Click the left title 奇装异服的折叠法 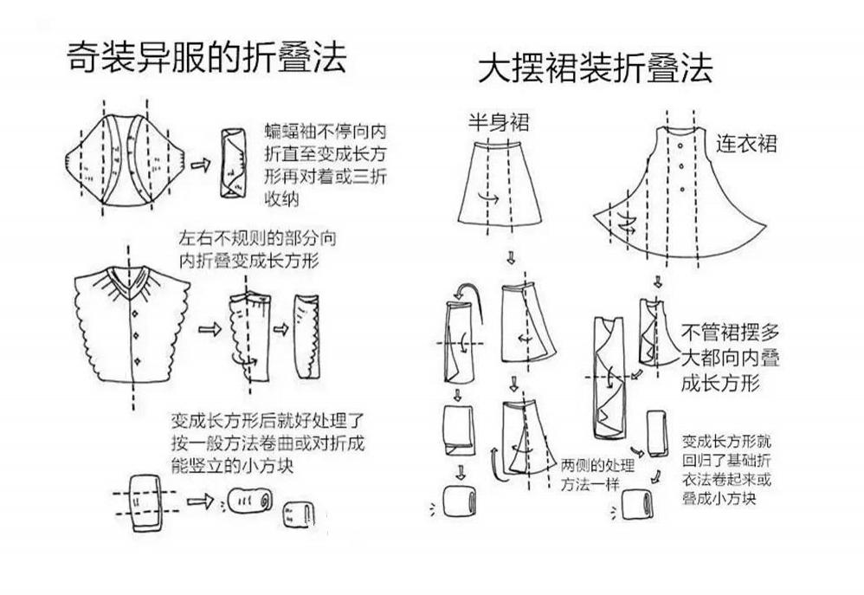pyautogui.click(x=207, y=56)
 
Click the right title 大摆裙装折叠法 pyautogui.click(x=595, y=68)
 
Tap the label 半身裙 pyautogui.click(x=499, y=122)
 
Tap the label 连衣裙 pyautogui.click(x=746, y=144)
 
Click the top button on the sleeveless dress pyautogui.click(x=681, y=146)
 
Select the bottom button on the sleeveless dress pyautogui.click(x=683, y=189)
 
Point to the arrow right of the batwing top pyautogui.click(x=201, y=165)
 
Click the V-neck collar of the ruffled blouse pyautogui.click(x=128, y=280)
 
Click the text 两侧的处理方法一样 pyautogui.click(x=597, y=475)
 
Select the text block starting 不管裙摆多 pyautogui.click(x=730, y=358)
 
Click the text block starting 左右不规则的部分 pyautogui.click(x=257, y=249)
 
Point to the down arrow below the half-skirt pyautogui.click(x=511, y=257)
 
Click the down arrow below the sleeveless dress pyautogui.click(x=657, y=281)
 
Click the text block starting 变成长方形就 pyautogui.click(x=726, y=469)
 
